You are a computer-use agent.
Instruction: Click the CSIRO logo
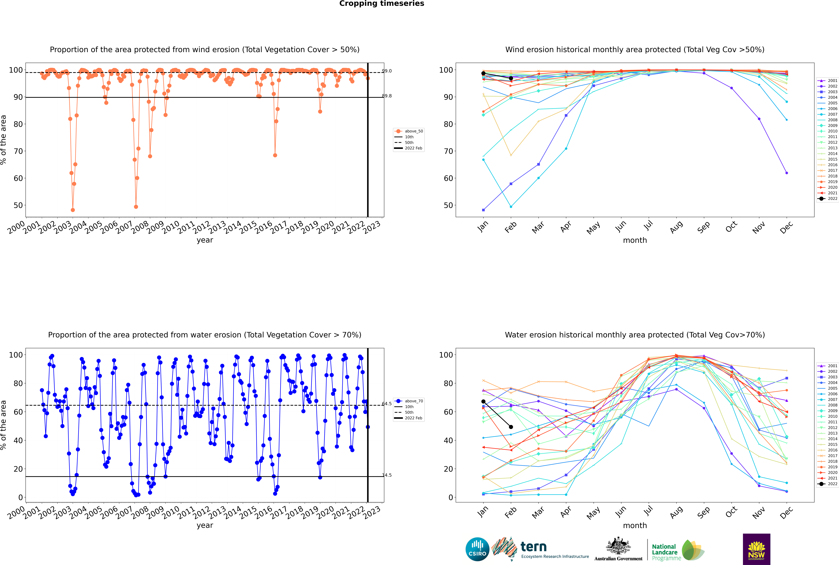coord(477,549)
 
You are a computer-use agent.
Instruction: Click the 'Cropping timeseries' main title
coord(382,4)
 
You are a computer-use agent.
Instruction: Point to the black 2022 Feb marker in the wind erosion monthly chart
coord(511,78)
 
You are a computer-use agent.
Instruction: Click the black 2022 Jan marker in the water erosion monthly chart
coord(483,401)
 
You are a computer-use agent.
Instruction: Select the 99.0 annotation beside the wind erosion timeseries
coord(387,71)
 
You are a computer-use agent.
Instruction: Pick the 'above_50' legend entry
coord(413,131)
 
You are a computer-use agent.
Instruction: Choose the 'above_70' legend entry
coord(413,401)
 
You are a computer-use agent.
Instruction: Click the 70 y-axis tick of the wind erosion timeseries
coord(18,151)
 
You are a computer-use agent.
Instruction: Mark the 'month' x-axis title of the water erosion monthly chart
coord(635,525)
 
